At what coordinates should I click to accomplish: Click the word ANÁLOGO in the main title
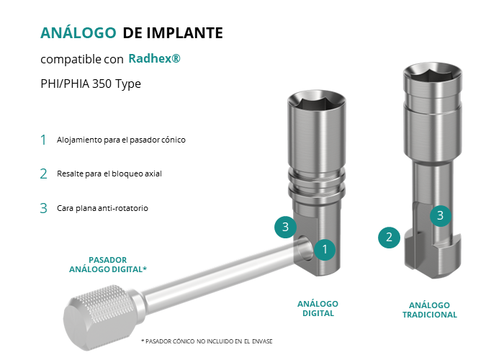(x=78, y=32)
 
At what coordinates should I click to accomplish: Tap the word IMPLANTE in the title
(x=184, y=33)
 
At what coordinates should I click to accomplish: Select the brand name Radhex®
(x=154, y=58)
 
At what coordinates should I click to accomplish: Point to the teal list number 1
(x=43, y=140)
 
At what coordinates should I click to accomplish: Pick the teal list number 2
(x=43, y=174)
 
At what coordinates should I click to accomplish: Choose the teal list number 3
(x=43, y=208)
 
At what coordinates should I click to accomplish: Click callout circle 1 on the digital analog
(x=325, y=249)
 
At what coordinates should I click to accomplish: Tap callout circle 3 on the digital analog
(x=285, y=227)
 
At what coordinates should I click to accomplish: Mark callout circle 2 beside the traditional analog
(x=389, y=238)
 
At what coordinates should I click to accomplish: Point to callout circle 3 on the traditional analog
(x=441, y=215)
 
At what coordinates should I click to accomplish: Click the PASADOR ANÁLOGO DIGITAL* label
(x=108, y=264)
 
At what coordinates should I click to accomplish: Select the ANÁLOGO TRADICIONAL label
(x=430, y=310)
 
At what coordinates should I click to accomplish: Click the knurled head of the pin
(x=96, y=317)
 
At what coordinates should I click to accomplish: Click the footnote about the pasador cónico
(x=207, y=341)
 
